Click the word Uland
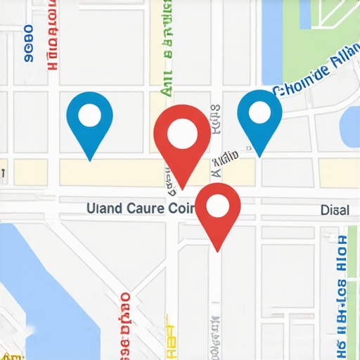point(102,209)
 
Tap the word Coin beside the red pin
point(181,209)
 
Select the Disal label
point(334,210)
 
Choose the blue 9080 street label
point(29,44)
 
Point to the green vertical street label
point(167,49)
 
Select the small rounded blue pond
point(350,126)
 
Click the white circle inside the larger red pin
point(182,131)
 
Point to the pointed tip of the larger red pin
point(182,188)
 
